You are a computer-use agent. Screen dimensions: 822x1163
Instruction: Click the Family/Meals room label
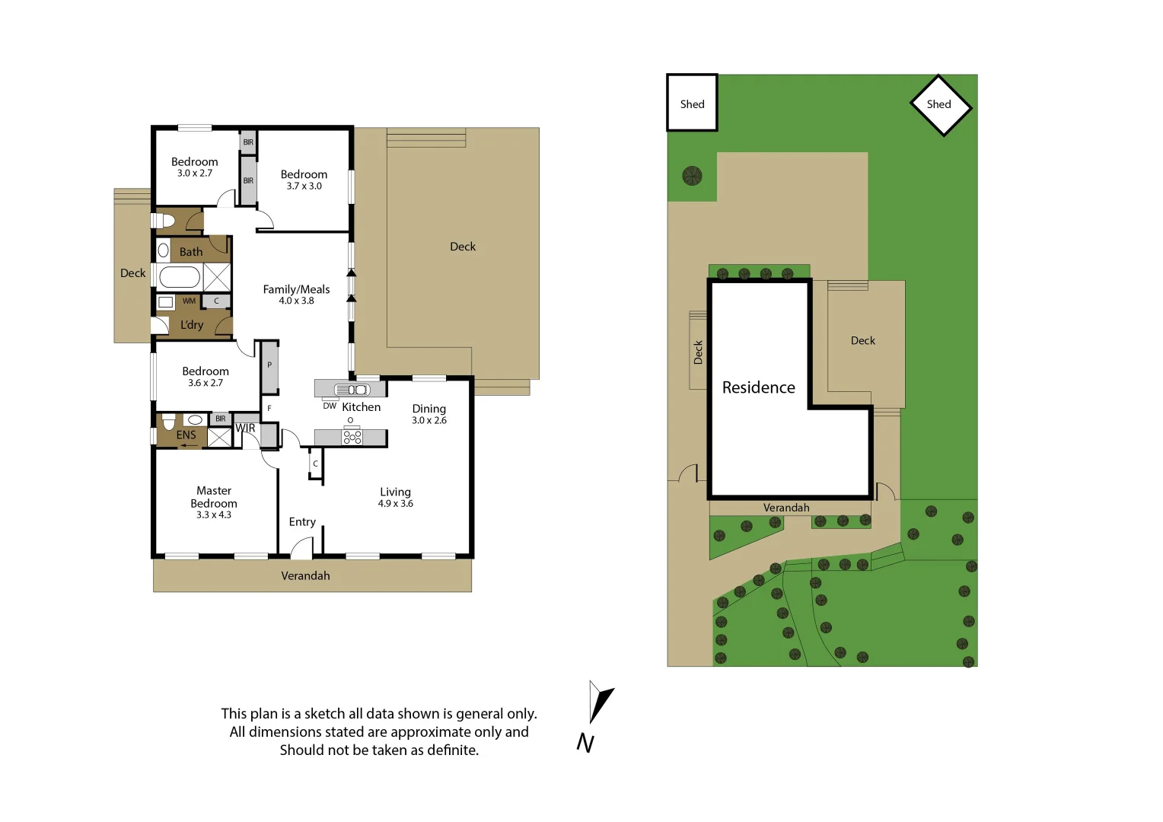click(x=296, y=289)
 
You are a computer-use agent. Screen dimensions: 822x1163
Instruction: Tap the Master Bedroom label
click(x=214, y=497)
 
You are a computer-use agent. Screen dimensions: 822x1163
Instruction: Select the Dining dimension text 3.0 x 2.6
click(x=429, y=420)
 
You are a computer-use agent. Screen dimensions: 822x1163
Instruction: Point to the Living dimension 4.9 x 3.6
click(x=395, y=504)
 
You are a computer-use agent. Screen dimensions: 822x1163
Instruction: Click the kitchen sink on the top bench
click(x=352, y=390)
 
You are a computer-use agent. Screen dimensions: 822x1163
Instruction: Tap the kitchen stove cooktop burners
click(x=352, y=437)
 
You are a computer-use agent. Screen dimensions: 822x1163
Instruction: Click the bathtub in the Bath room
click(x=180, y=277)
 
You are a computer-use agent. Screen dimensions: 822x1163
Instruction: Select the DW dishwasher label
click(x=330, y=406)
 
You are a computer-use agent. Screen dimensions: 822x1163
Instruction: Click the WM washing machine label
click(x=189, y=301)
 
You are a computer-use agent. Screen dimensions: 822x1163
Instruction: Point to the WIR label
click(x=245, y=429)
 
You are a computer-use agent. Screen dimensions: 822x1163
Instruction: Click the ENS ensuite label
click(x=186, y=435)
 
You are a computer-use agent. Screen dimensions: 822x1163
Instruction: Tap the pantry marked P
click(x=269, y=365)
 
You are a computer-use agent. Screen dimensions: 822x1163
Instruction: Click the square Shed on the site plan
click(x=692, y=104)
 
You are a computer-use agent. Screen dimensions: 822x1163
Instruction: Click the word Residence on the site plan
click(x=758, y=387)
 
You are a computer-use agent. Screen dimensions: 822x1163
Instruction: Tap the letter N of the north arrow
click(x=585, y=743)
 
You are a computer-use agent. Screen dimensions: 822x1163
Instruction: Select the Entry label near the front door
click(x=302, y=522)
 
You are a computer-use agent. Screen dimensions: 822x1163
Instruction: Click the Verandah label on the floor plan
click(x=305, y=576)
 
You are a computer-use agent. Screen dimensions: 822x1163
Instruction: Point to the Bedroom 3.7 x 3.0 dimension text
click(x=304, y=186)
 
